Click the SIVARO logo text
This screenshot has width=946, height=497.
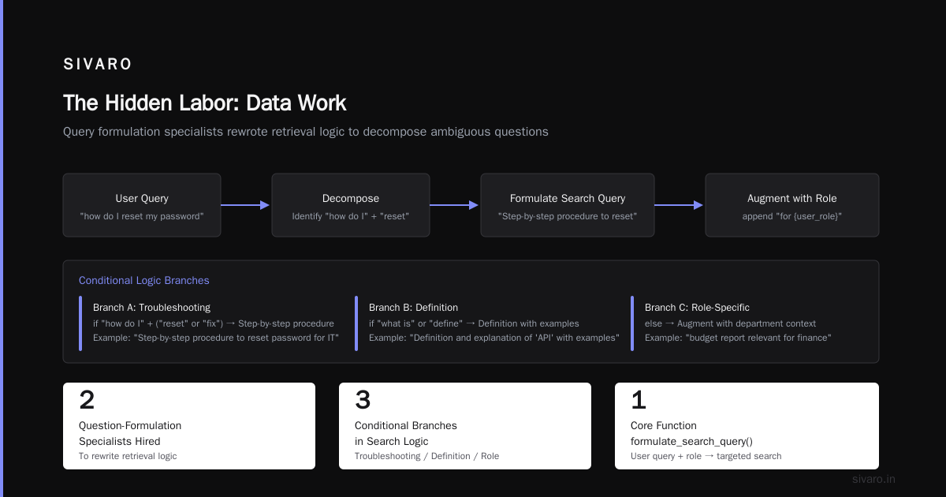[x=97, y=64]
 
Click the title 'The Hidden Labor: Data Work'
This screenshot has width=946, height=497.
[x=205, y=103]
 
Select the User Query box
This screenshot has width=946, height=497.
[x=142, y=205]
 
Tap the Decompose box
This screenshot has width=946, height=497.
[x=351, y=205]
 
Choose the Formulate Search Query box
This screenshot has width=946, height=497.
[x=567, y=205]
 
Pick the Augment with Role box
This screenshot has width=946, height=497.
[x=791, y=205]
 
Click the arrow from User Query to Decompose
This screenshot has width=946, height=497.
[x=245, y=205]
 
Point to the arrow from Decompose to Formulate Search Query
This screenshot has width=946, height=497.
[x=454, y=205]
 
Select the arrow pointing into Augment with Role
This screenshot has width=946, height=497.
[x=679, y=205]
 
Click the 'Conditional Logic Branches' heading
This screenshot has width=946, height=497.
[x=144, y=281]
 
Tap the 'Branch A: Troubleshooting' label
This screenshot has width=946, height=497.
[x=151, y=308]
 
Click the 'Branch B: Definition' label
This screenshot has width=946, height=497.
[x=413, y=308]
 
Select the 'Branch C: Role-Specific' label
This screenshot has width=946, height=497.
[x=697, y=308]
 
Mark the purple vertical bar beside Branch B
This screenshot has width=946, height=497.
[x=356, y=323]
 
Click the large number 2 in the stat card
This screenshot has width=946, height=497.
[x=87, y=400]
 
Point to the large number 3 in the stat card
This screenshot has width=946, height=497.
[x=363, y=400]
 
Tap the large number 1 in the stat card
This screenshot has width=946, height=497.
[x=639, y=400]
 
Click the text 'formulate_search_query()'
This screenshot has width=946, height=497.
[x=691, y=442]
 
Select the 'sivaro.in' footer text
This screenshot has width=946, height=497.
[x=873, y=479]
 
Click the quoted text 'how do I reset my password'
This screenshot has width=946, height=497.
[x=142, y=216]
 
